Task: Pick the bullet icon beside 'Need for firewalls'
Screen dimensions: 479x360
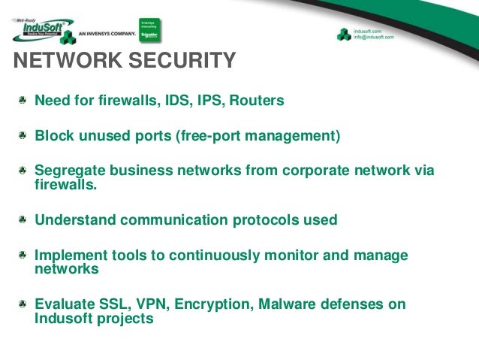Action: click(24, 100)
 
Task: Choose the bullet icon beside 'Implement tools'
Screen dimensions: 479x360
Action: click(24, 256)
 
